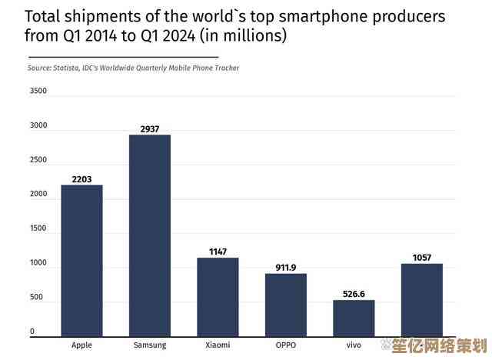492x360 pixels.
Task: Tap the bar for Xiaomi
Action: (218, 298)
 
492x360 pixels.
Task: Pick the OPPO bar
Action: (286, 305)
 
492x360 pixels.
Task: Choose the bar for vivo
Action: (354, 318)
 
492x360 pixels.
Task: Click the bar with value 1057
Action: (421, 301)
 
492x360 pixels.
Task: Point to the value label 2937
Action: (150, 129)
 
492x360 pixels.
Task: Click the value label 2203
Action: (81, 179)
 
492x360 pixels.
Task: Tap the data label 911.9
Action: (286, 268)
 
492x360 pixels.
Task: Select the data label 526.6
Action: (354, 294)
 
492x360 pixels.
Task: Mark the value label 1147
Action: (218, 252)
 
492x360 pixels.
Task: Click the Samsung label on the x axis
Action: (150, 345)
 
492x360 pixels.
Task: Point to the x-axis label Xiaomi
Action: (218, 345)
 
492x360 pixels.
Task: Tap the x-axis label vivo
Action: (354, 345)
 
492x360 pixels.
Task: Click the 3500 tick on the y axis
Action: (38, 92)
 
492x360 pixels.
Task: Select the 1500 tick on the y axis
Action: (38, 228)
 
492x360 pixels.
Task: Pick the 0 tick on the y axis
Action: (32, 332)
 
